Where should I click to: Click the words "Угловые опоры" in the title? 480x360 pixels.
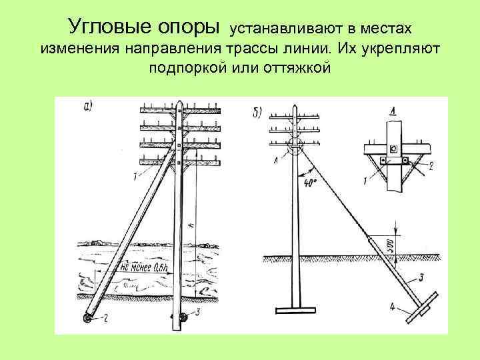click(143, 27)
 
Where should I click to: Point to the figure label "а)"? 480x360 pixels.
click(87, 105)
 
